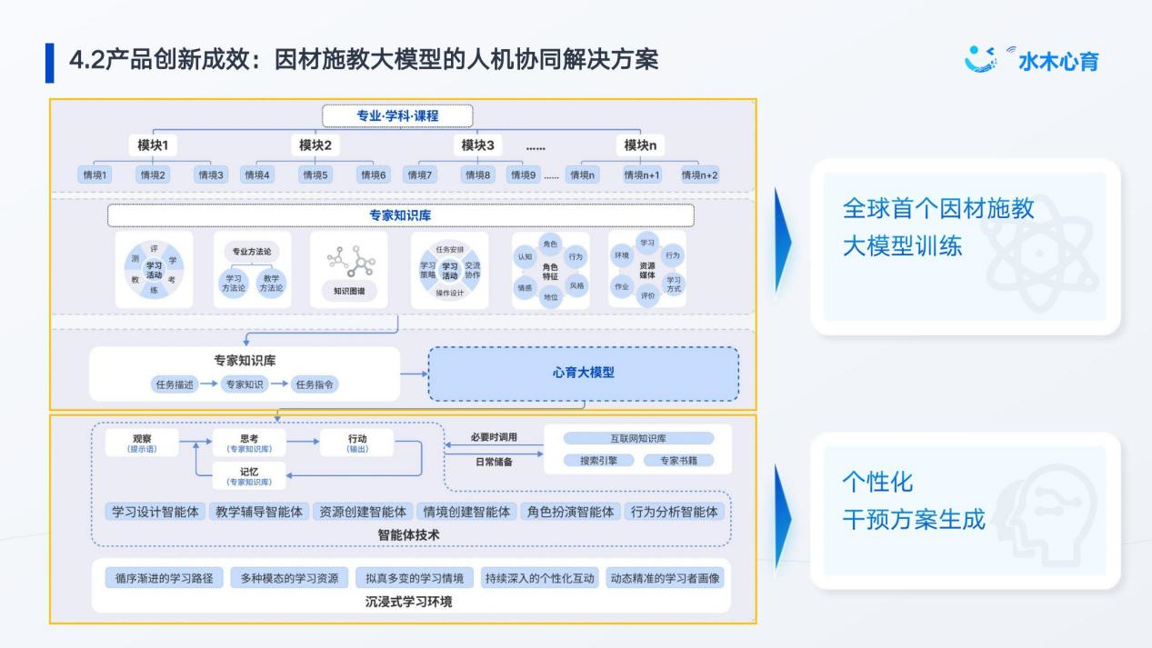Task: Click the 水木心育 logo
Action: pyautogui.click(x=1032, y=60)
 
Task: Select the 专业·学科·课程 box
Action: pyautogui.click(x=397, y=115)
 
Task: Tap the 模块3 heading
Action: pyautogui.click(x=477, y=145)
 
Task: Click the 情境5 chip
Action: pyautogui.click(x=316, y=175)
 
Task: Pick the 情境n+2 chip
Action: pyautogui.click(x=699, y=175)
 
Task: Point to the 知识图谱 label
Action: pyautogui.click(x=349, y=292)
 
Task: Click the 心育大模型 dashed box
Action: pyautogui.click(x=583, y=373)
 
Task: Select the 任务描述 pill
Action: pyautogui.click(x=173, y=384)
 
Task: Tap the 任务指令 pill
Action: pyautogui.click(x=316, y=384)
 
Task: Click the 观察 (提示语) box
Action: pyautogui.click(x=142, y=443)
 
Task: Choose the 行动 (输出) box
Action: pyautogui.click(x=357, y=443)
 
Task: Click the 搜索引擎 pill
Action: pyautogui.click(x=598, y=461)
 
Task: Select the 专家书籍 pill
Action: pyautogui.click(x=678, y=461)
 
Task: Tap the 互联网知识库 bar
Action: pyautogui.click(x=638, y=438)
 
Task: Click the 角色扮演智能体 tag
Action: pyautogui.click(x=571, y=512)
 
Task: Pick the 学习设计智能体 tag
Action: pyautogui.click(x=155, y=512)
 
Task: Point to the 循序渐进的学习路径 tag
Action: pyautogui.click(x=158, y=578)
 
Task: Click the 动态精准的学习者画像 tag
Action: pyautogui.click(x=666, y=578)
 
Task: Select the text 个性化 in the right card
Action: pyautogui.click(x=877, y=482)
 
